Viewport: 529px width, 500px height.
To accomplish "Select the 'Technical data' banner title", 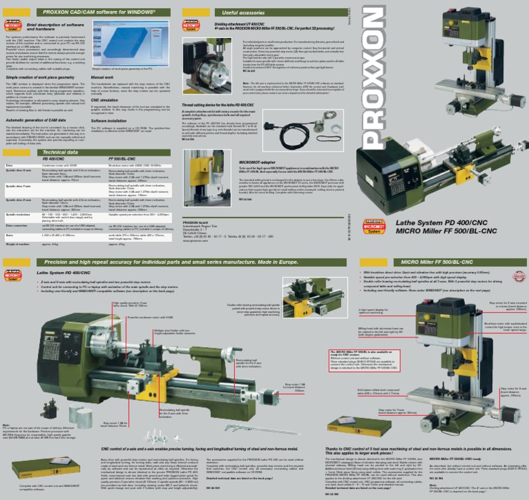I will (61, 152).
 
